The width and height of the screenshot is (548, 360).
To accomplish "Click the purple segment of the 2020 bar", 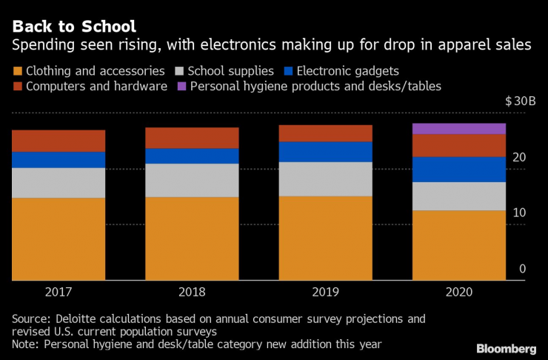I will [458, 129].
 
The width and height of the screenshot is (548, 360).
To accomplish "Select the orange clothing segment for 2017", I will [59, 239].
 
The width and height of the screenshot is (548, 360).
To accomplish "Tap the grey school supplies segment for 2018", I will [192, 180].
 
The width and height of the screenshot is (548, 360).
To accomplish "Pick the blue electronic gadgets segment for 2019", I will [325, 152].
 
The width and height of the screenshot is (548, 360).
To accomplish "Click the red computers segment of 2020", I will [458, 145].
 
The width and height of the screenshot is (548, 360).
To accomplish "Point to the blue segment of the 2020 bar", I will [458, 170].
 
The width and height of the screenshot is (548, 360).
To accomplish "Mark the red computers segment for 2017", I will [59, 141].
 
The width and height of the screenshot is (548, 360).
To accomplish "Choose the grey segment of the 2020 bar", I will [458, 196].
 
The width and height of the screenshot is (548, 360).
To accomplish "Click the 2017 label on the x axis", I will [59, 293].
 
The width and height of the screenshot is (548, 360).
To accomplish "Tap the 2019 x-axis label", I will [325, 293].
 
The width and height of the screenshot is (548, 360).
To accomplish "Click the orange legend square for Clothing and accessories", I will [17, 72].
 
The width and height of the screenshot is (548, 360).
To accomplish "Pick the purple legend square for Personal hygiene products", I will [181, 87].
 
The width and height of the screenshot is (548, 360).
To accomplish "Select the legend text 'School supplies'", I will [231, 72].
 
